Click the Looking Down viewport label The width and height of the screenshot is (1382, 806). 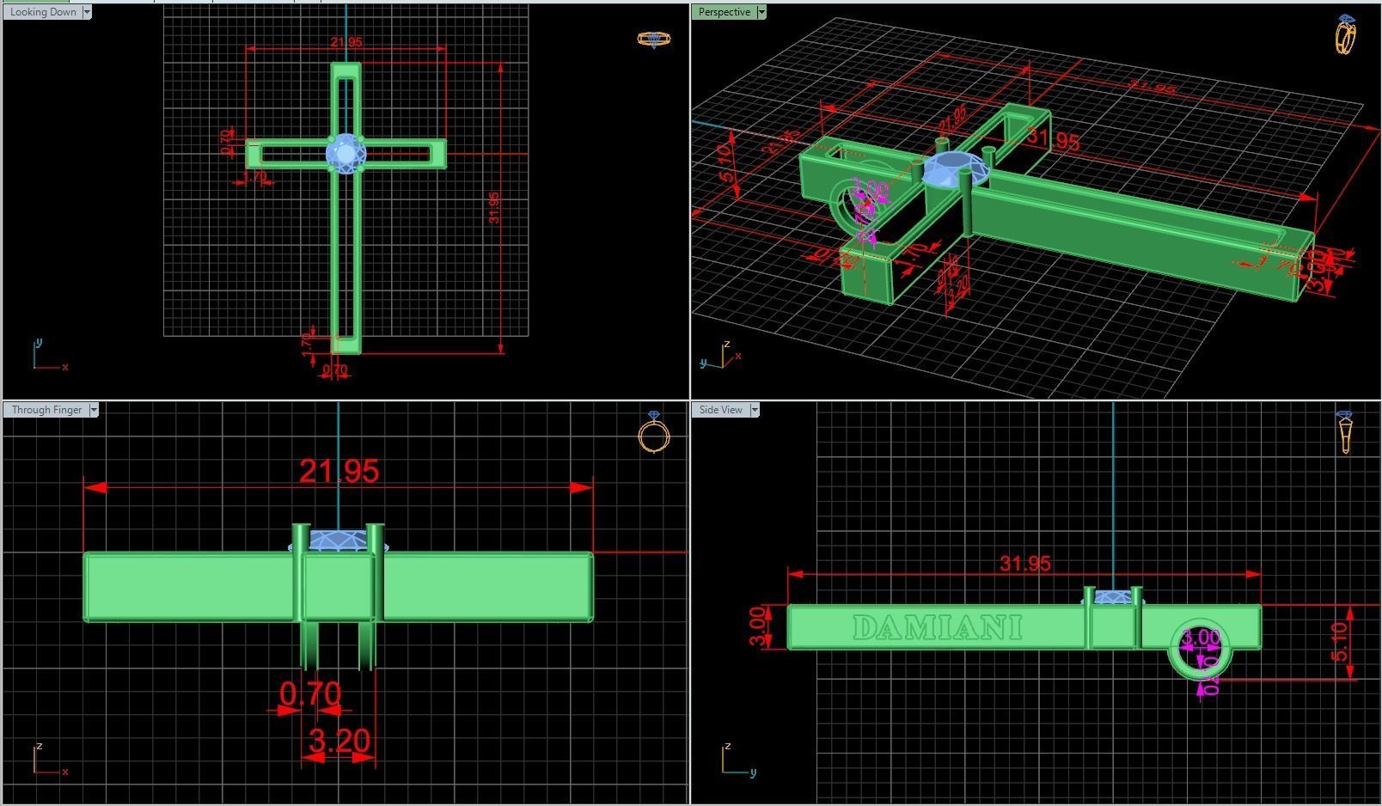click(43, 12)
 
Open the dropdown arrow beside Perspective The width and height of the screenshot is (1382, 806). click(761, 12)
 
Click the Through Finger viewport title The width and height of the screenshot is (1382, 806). click(46, 410)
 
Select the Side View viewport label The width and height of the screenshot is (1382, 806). click(720, 410)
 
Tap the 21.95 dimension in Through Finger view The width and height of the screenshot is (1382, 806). click(339, 471)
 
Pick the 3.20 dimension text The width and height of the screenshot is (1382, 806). click(339, 740)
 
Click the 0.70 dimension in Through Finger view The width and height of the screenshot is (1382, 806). click(309, 693)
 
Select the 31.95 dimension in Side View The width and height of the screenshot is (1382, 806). click(1025, 564)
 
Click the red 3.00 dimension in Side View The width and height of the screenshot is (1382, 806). click(757, 627)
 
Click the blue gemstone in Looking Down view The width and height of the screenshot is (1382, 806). click(345, 154)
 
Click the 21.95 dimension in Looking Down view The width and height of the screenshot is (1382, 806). click(345, 42)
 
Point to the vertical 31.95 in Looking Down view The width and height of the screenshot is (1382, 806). click(493, 208)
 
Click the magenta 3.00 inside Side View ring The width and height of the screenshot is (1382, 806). click(1200, 638)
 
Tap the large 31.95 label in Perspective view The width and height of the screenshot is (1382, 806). click(1053, 139)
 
